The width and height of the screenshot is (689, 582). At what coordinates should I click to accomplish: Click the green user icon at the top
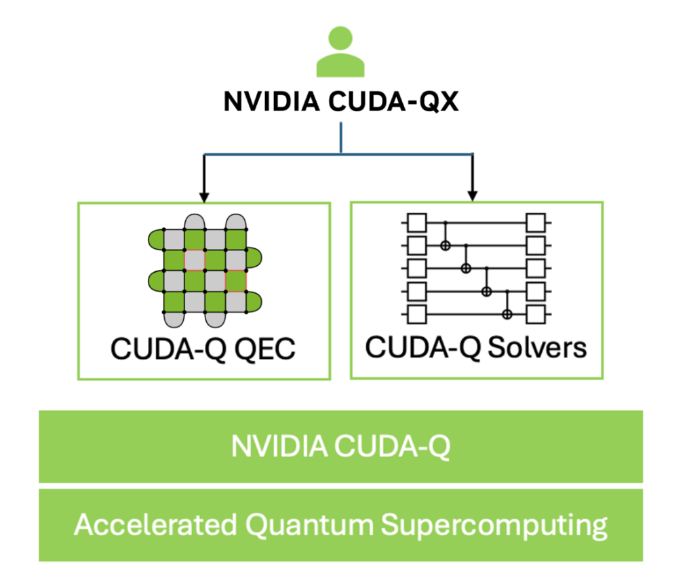(340, 52)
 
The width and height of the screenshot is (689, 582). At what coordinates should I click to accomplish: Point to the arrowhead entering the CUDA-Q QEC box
(204, 196)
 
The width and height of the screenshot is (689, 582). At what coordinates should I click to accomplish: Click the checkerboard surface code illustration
(205, 271)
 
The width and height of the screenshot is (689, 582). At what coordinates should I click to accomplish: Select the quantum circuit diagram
(476, 268)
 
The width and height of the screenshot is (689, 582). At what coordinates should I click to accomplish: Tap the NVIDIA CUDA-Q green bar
(340, 446)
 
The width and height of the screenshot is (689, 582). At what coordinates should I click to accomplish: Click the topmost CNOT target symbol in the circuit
(446, 245)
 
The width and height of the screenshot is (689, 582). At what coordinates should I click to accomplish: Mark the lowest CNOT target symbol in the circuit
(507, 314)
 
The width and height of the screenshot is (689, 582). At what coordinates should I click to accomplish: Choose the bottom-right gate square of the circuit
(536, 315)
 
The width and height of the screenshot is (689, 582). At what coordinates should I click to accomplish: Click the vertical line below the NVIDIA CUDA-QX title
(340, 138)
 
